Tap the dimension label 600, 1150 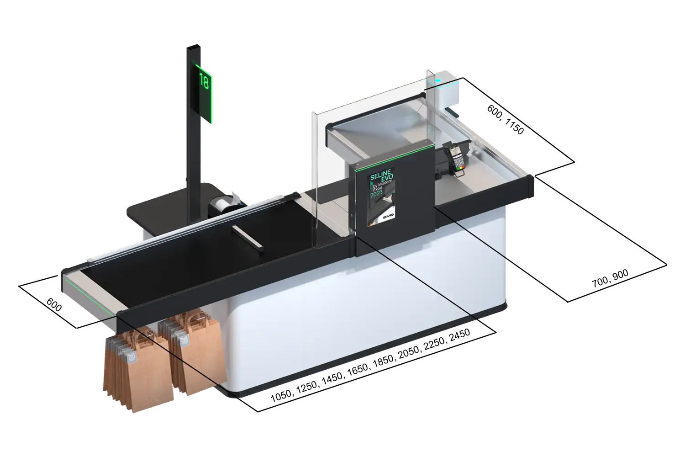[x=506, y=120]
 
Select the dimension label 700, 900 [x=610, y=278]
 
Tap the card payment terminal [x=456, y=159]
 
